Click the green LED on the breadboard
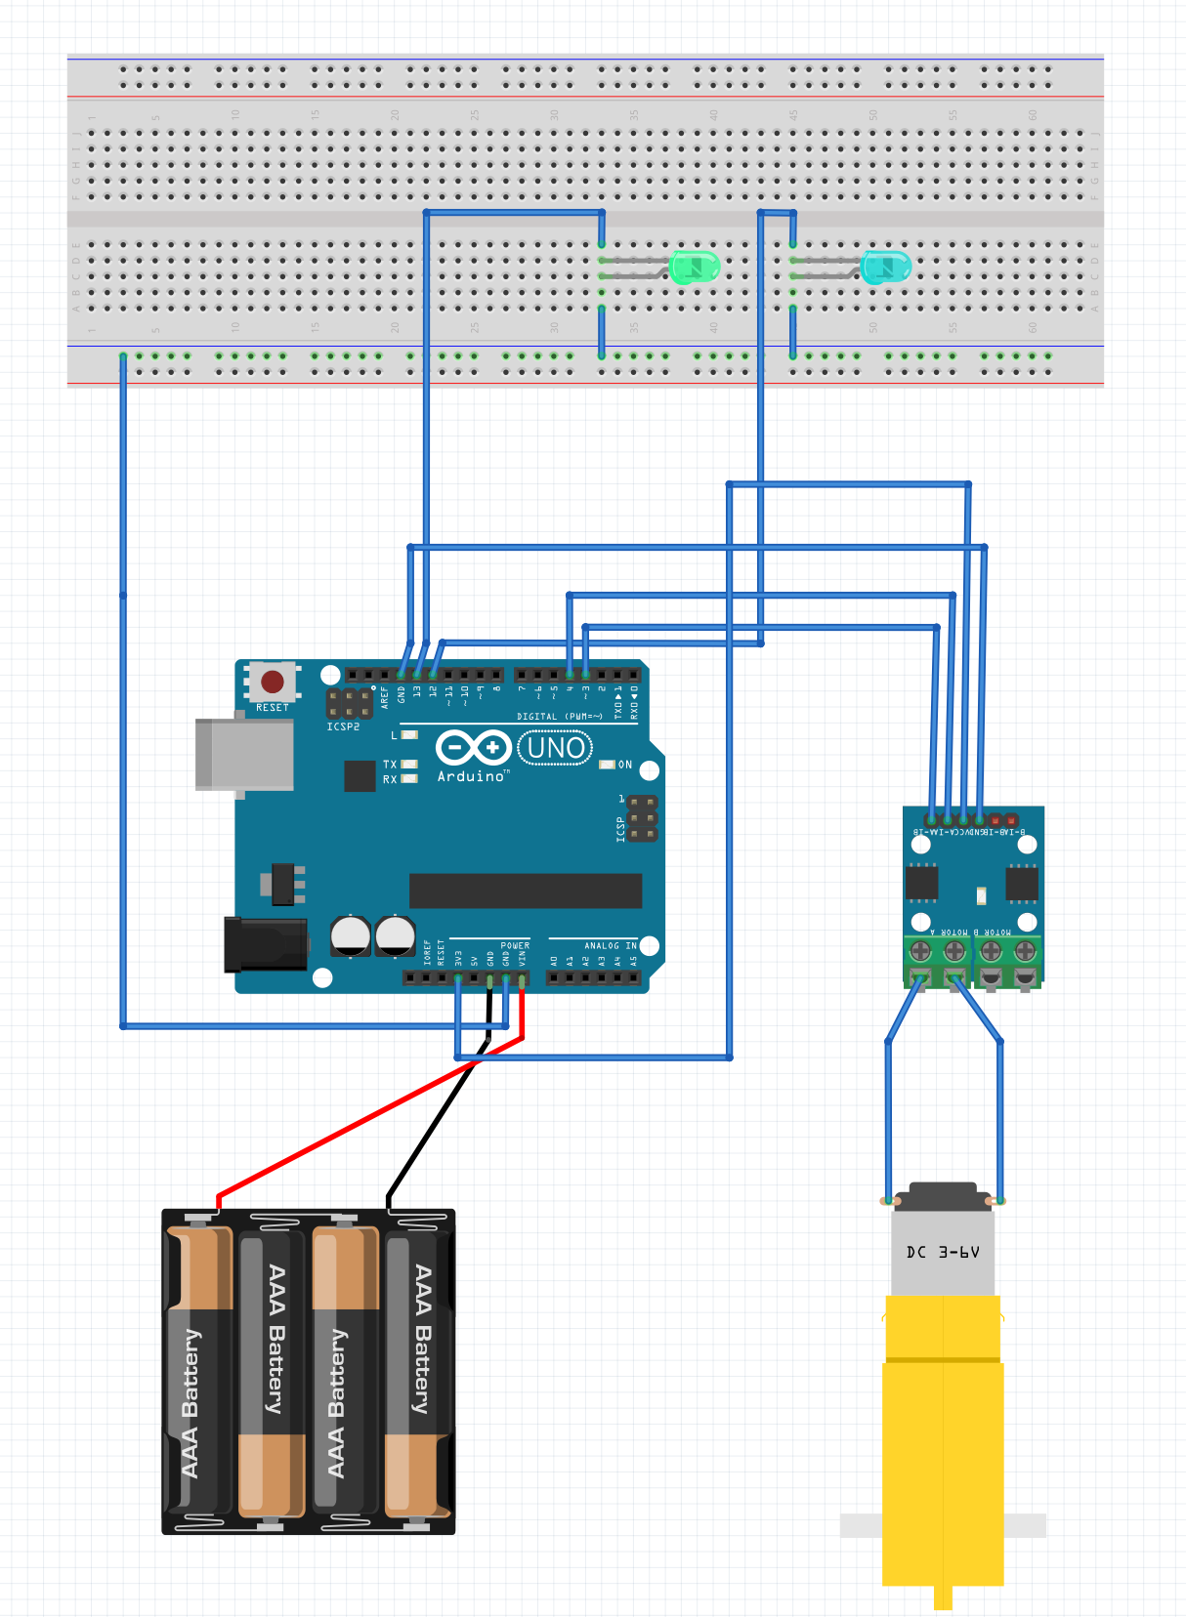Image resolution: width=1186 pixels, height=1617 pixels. [x=695, y=267]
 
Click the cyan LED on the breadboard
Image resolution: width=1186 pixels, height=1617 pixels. [x=885, y=267]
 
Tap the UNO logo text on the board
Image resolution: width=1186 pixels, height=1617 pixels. [x=556, y=749]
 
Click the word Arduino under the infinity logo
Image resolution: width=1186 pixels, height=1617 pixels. [x=472, y=776]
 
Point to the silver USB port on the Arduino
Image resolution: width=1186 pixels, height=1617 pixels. [x=244, y=754]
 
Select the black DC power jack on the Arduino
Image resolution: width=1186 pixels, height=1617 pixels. [x=265, y=944]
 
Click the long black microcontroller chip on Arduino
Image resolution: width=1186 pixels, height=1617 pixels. [x=526, y=891]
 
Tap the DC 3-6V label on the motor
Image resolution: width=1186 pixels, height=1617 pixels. [x=943, y=1252]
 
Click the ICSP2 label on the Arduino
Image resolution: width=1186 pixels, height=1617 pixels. [x=343, y=727]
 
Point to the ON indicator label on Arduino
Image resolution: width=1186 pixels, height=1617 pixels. [x=625, y=765]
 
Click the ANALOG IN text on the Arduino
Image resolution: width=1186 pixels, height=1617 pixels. [x=610, y=945]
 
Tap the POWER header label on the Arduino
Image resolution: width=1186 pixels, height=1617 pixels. [x=515, y=945]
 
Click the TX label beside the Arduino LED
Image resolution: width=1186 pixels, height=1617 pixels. [x=390, y=765]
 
